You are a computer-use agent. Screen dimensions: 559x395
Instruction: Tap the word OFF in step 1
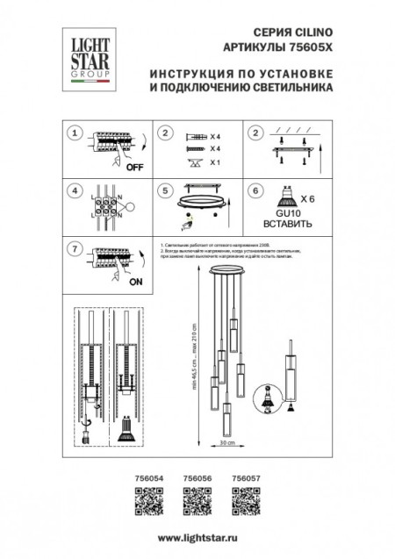point(134,165)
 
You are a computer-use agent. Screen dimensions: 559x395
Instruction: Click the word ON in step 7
point(135,283)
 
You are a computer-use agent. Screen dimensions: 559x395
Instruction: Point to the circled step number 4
point(76,190)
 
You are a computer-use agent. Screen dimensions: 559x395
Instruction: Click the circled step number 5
point(163,190)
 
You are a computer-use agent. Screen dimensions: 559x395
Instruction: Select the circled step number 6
point(255,190)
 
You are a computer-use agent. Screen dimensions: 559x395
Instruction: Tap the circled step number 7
point(76,249)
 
